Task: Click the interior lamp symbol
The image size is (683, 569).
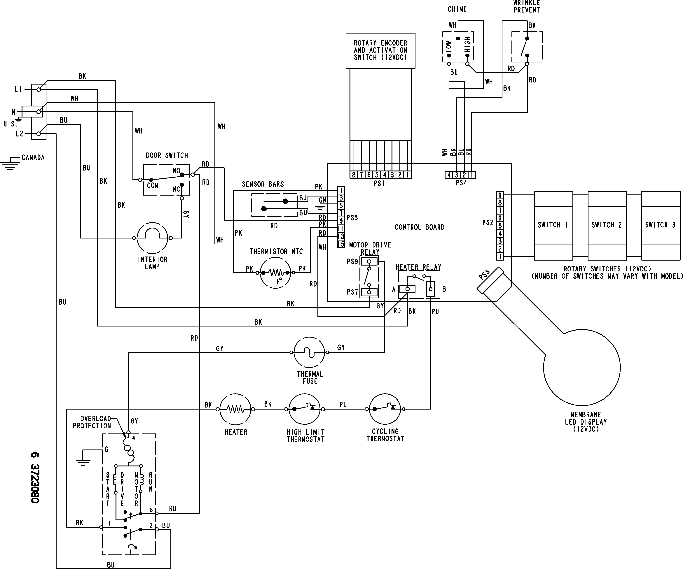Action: click(x=152, y=238)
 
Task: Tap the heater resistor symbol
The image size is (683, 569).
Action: click(x=235, y=409)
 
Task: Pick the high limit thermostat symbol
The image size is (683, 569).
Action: click(x=305, y=409)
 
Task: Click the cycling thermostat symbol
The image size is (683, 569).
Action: click(x=385, y=409)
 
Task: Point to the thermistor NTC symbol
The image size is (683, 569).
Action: click(x=275, y=273)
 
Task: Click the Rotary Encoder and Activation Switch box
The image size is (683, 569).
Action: click(x=380, y=50)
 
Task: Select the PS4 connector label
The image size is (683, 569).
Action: click(x=461, y=183)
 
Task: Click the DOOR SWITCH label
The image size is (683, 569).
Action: click(x=167, y=155)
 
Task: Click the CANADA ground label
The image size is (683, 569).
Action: click(x=33, y=158)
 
